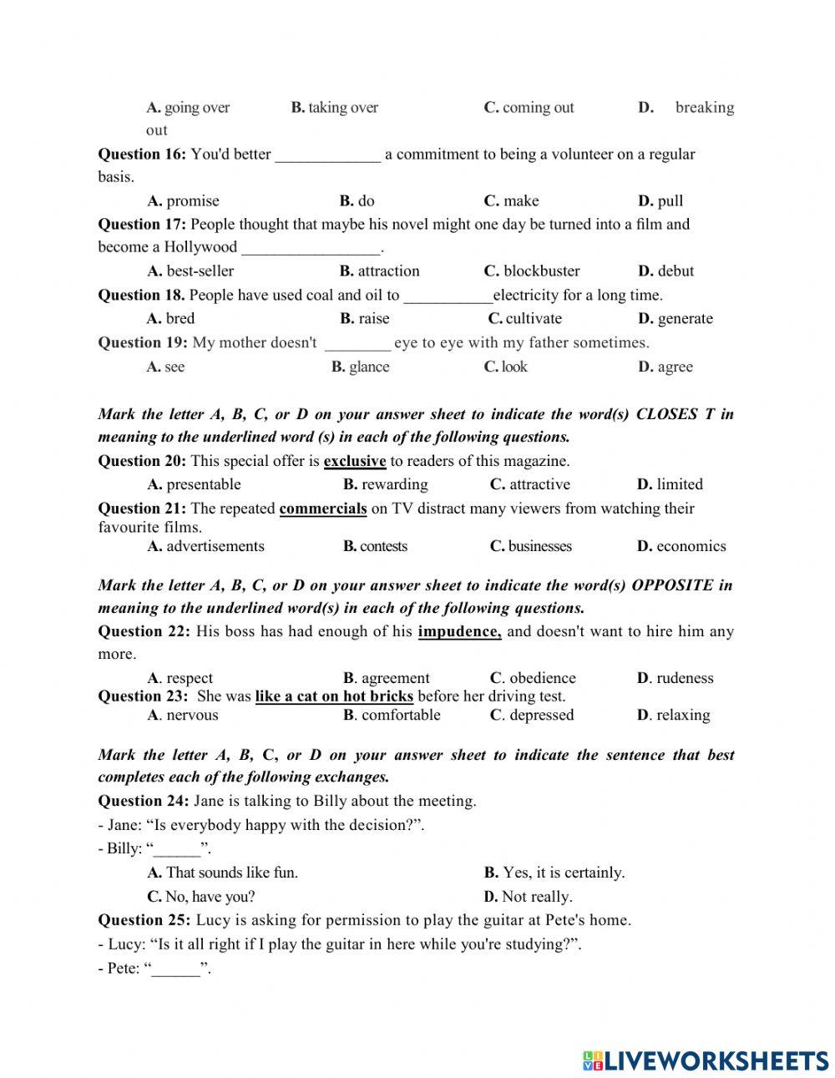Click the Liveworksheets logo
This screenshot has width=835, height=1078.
pos(706,1060)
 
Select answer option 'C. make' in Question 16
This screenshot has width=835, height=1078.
pos(511,200)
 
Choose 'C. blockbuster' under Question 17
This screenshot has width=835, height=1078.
pos(531,271)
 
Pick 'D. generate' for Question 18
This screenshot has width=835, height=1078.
pos(676,318)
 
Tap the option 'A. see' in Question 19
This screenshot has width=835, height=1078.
pos(166,367)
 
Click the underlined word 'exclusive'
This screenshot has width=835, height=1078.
pos(354,461)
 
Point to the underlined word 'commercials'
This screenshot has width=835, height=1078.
pos(322,509)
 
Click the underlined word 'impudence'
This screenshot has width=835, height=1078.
pos(459,631)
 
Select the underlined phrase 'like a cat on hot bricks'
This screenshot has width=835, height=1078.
pos(334,696)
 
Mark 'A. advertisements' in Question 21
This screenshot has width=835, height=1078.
pos(205,546)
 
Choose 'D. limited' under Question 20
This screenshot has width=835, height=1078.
pos(670,484)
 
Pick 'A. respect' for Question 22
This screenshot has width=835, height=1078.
pos(180,678)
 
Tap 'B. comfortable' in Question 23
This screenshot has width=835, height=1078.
pos(392,715)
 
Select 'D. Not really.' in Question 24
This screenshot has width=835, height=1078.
pos(528,897)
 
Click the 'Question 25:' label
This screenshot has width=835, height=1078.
pos(144,920)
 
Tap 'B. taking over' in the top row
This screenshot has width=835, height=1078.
pos(334,108)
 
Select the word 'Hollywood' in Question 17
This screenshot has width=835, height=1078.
pos(200,247)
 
